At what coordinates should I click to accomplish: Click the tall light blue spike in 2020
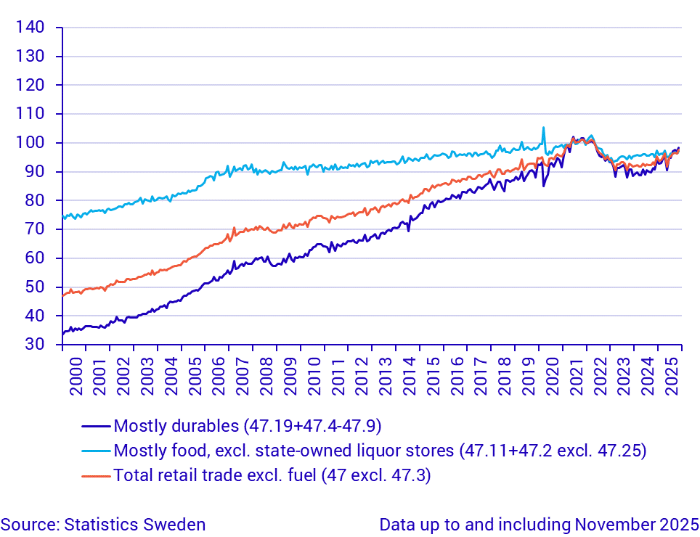(x=543, y=128)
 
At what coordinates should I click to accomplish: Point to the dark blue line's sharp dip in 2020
(x=544, y=186)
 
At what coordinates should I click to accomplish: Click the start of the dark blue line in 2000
(x=64, y=333)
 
